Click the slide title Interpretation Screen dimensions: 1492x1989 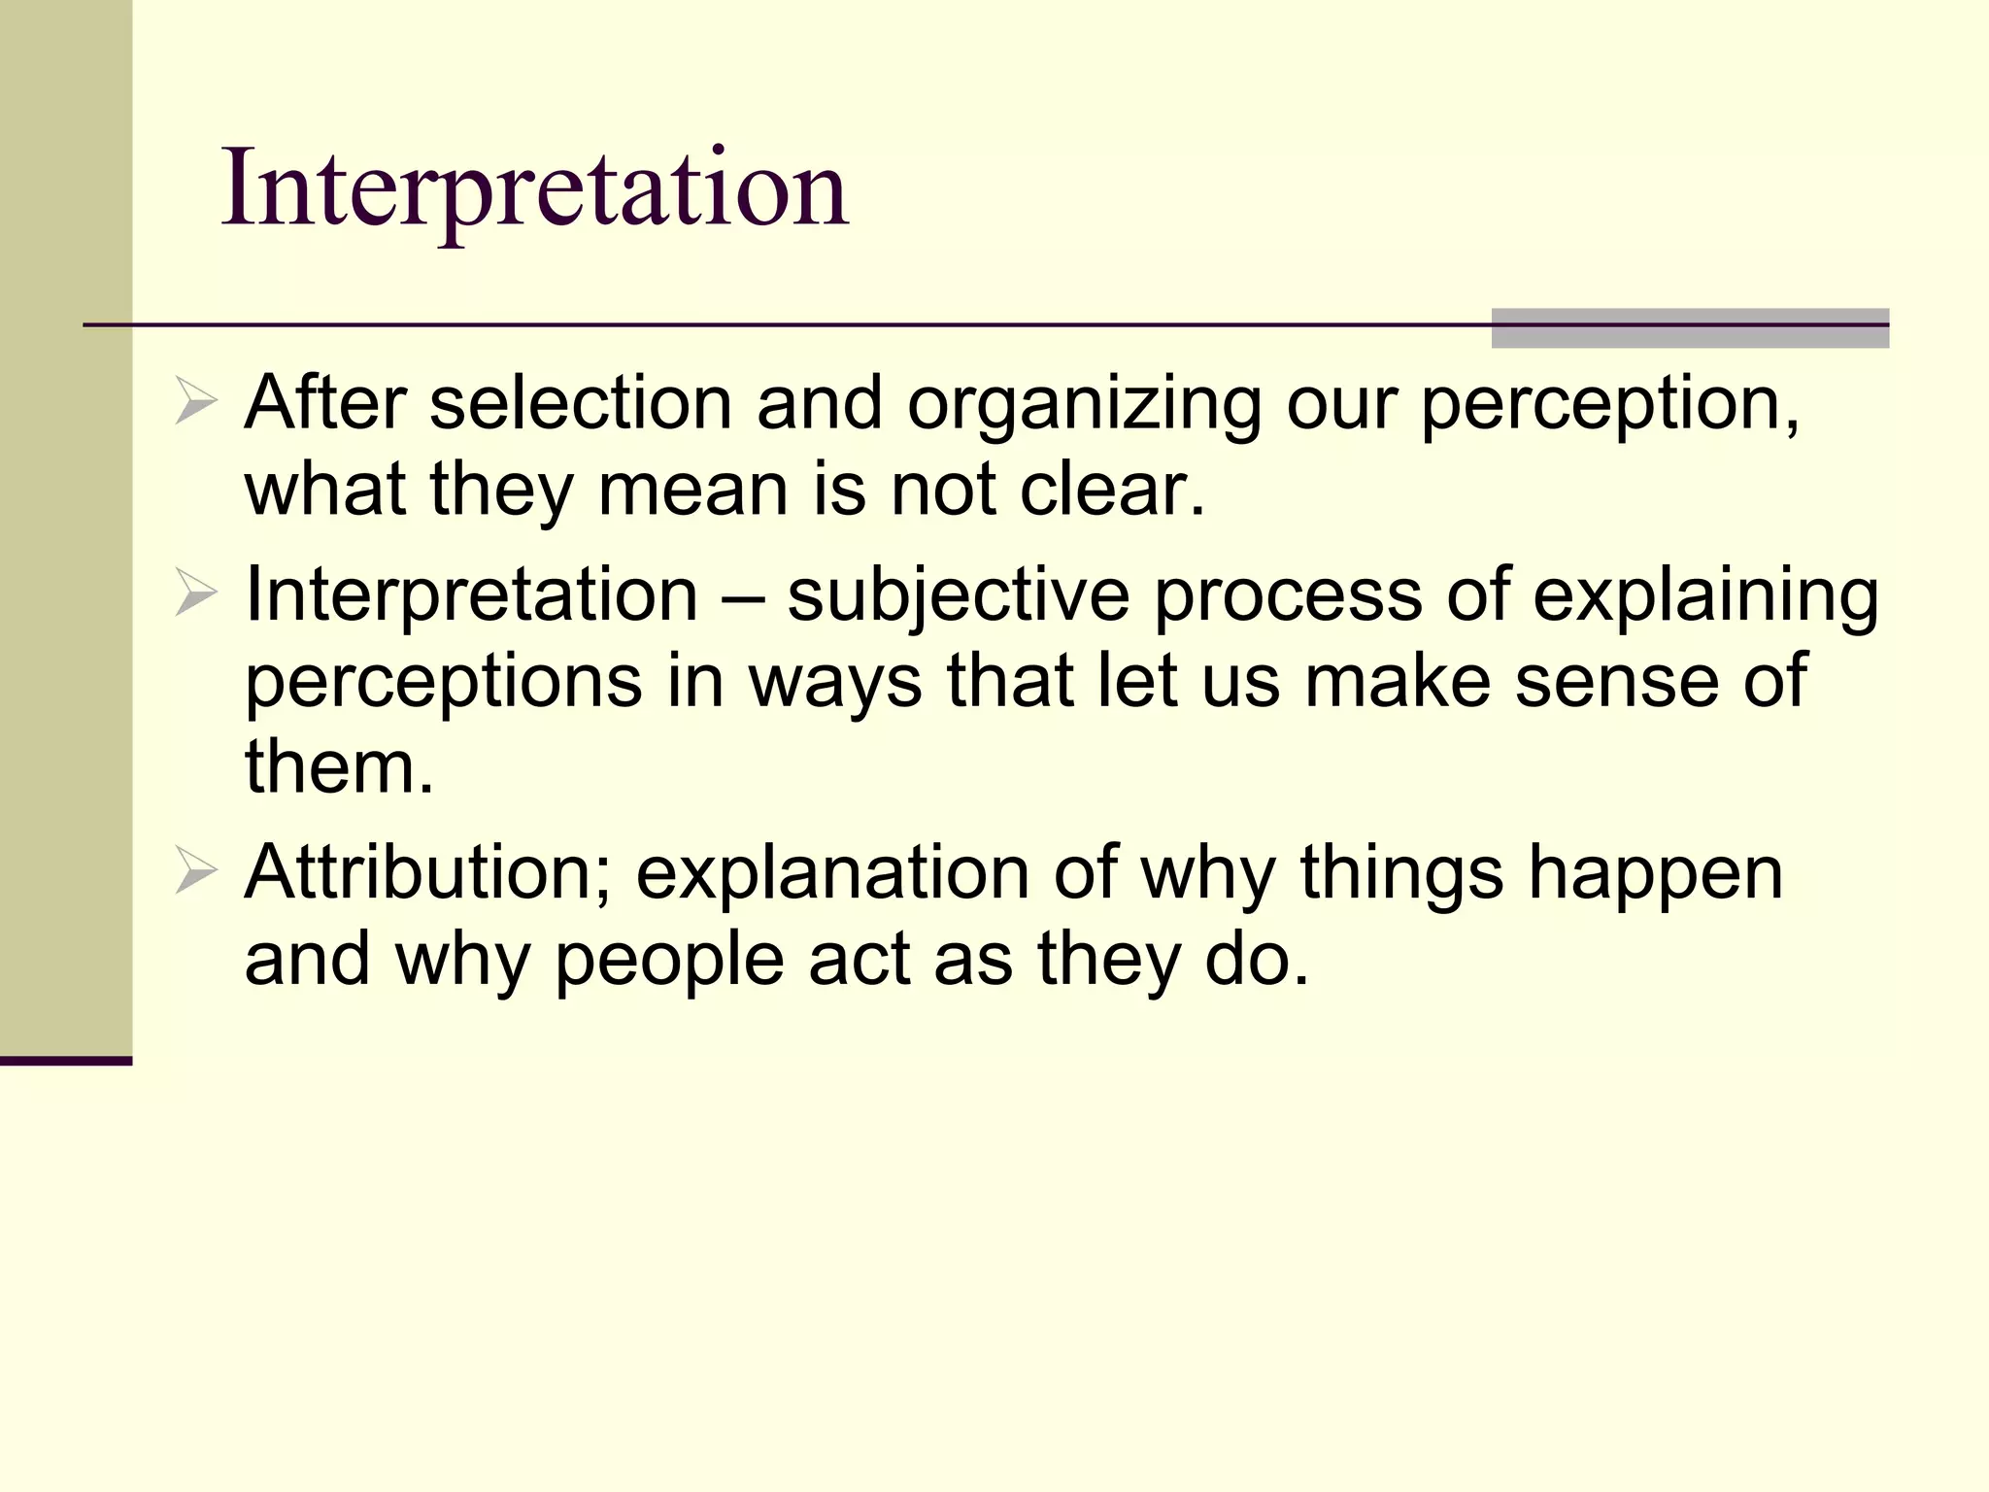coord(535,188)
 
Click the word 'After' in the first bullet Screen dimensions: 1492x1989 coord(324,403)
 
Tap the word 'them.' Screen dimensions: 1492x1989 coord(339,766)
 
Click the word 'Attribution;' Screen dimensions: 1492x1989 coord(428,872)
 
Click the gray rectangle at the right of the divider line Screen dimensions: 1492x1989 coord(1690,327)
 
